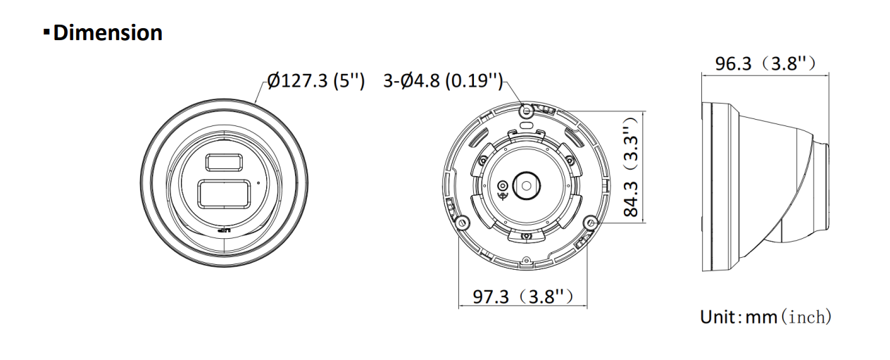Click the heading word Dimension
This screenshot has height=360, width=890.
(x=108, y=32)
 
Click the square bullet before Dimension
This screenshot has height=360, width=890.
(x=47, y=32)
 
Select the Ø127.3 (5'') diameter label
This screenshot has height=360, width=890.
(x=315, y=81)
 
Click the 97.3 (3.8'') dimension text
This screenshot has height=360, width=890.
(x=522, y=297)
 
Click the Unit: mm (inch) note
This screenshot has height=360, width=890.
(x=765, y=317)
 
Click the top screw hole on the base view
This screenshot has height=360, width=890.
(x=523, y=110)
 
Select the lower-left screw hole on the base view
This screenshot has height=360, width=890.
(x=460, y=223)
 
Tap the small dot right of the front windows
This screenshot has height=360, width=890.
(x=259, y=182)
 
